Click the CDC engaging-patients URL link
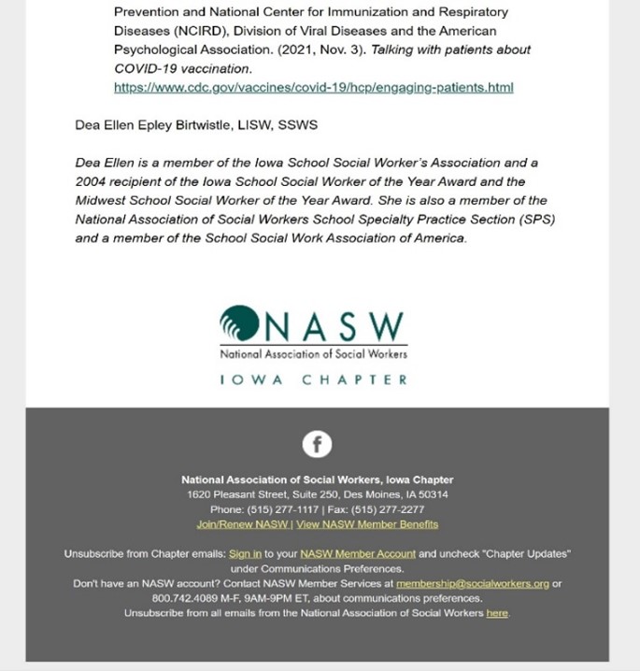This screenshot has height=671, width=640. click(313, 88)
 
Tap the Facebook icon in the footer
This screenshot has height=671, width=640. click(317, 444)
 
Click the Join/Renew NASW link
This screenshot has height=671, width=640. click(243, 524)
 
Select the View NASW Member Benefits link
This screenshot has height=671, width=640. click(367, 524)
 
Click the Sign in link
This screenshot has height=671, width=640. click(245, 554)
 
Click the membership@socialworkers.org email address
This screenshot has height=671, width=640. click(473, 583)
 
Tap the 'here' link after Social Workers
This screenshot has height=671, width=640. click(497, 613)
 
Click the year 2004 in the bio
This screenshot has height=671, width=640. click(92, 181)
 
